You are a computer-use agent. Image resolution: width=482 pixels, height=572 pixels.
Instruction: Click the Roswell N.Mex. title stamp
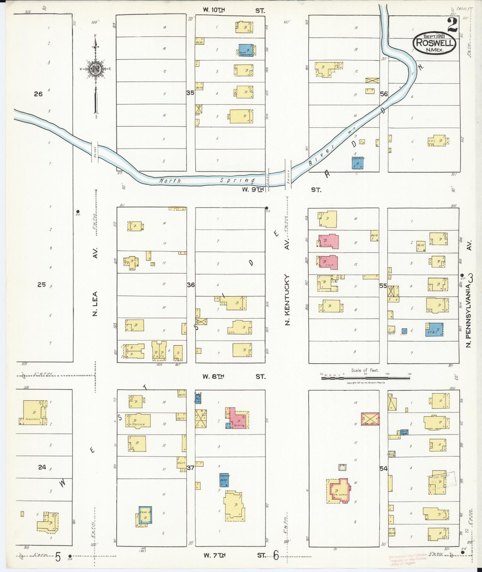[x=434, y=43]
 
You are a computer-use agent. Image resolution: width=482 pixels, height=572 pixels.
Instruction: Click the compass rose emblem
[x=96, y=69]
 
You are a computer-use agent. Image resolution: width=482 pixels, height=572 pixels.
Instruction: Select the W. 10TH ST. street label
[x=234, y=10]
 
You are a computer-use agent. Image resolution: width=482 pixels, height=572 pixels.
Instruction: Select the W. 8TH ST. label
[x=234, y=376]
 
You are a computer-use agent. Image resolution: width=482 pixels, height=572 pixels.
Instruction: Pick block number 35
[x=190, y=93]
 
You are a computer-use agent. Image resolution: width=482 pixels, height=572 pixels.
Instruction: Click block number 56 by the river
[x=384, y=94]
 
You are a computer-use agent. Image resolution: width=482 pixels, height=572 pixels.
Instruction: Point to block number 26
[x=38, y=94]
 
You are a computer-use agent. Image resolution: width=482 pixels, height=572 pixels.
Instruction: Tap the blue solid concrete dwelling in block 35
[x=246, y=50]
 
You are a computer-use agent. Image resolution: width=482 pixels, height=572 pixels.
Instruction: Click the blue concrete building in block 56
[x=358, y=163]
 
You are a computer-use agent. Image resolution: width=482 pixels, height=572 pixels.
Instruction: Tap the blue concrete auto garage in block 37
[x=224, y=480]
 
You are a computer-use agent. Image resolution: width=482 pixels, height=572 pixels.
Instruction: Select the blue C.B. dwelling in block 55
[x=434, y=329]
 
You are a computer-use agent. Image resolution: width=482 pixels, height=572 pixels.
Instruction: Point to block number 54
[x=384, y=469]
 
